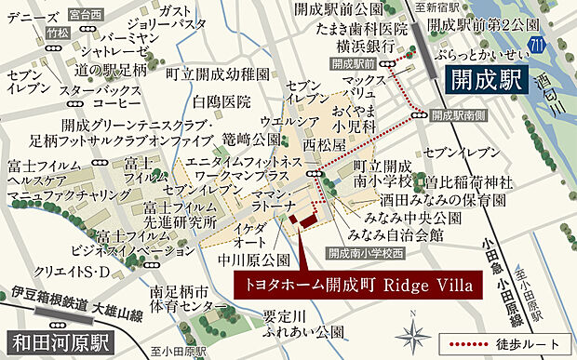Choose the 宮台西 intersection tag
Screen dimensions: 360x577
point(87,15)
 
